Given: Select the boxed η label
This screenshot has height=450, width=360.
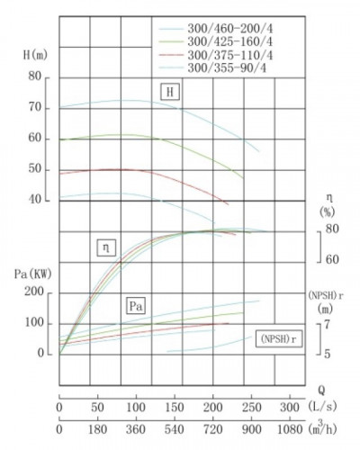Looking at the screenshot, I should click(x=107, y=247).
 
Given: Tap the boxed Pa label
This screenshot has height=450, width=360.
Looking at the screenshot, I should click(x=137, y=306).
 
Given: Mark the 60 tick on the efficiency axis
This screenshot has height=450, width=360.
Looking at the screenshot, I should click(x=332, y=260).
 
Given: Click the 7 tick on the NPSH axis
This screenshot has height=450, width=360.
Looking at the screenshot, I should click(x=328, y=323).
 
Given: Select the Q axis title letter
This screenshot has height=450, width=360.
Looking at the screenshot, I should click(x=320, y=391).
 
